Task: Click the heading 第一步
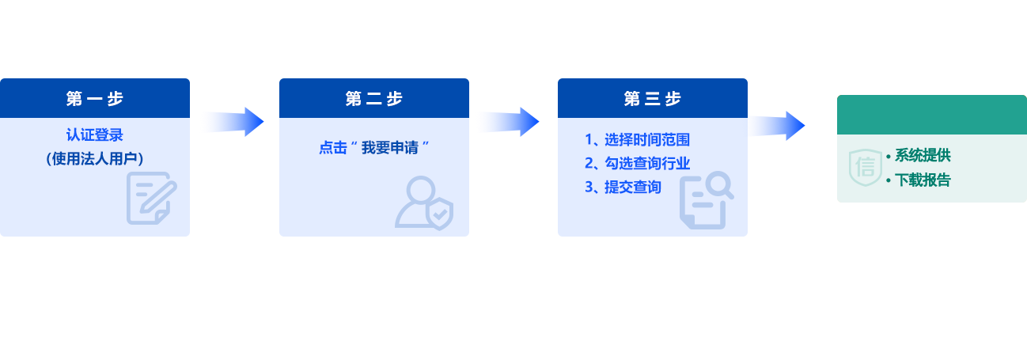click(x=95, y=99)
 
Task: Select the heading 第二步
click(x=374, y=99)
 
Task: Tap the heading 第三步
click(x=653, y=99)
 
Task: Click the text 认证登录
click(x=95, y=135)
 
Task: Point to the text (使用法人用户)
click(x=95, y=159)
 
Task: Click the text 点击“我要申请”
click(x=374, y=148)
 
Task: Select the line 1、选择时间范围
click(x=637, y=140)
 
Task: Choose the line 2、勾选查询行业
click(x=637, y=164)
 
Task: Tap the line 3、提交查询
click(x=623, y=188)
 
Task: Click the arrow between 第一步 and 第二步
click(x=232, y=122)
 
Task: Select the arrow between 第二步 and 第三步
click(x=508, y=122)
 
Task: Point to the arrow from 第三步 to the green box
click(x=776, y=125)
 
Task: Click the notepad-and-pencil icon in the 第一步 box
click(x=151, y=198)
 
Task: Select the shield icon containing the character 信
click(x=865, y=167)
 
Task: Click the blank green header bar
click(x=931, y=115)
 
